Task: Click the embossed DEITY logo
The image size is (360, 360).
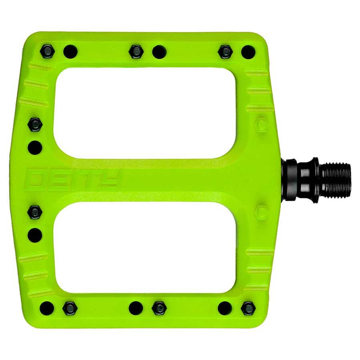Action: (x=72, y=179)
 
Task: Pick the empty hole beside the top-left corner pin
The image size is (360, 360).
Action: (x=70, y=51)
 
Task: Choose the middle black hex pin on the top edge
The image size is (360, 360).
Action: (x=136, y=51)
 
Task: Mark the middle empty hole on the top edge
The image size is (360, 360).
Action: (x=159, y=51)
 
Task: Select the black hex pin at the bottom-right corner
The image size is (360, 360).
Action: (x=248, y=308)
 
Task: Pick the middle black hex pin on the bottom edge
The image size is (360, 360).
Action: (x=159, y=308)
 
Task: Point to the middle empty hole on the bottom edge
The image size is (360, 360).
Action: (x=136, y=308)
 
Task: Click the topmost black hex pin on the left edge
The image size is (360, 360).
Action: (x=35, y=124)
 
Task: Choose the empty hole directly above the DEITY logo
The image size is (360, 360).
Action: (x=35, y=147)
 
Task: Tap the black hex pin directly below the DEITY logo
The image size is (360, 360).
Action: (x=35, y=212)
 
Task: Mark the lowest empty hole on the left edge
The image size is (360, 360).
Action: (x=35, y=235)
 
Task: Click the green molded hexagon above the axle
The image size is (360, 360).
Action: (x=262, y=125)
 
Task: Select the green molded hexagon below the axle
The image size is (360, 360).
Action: (x=262, y=212)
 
